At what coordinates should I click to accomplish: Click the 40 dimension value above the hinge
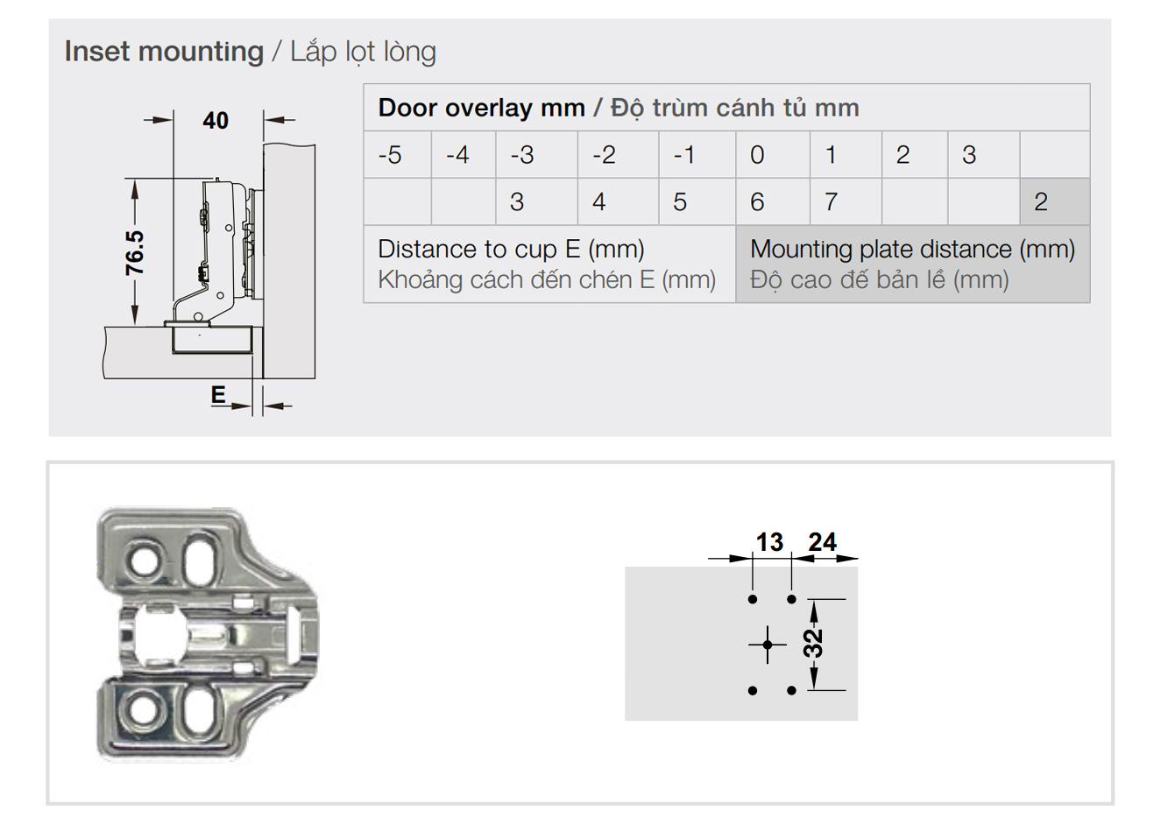click(216, 120)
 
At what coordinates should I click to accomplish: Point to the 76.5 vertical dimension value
click(135, 253)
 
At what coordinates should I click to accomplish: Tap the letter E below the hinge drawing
click(218, 395)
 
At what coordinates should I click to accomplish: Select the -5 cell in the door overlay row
click(398, 154)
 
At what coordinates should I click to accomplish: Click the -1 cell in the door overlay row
click(697, 154)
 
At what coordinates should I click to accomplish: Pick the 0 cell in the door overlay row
click(773, 154)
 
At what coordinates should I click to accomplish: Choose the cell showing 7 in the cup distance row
click(846, 201)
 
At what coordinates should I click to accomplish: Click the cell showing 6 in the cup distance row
click(773, 201)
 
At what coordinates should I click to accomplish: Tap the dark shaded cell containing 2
click(1055, 201)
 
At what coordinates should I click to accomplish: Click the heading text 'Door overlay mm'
click(482, 108)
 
